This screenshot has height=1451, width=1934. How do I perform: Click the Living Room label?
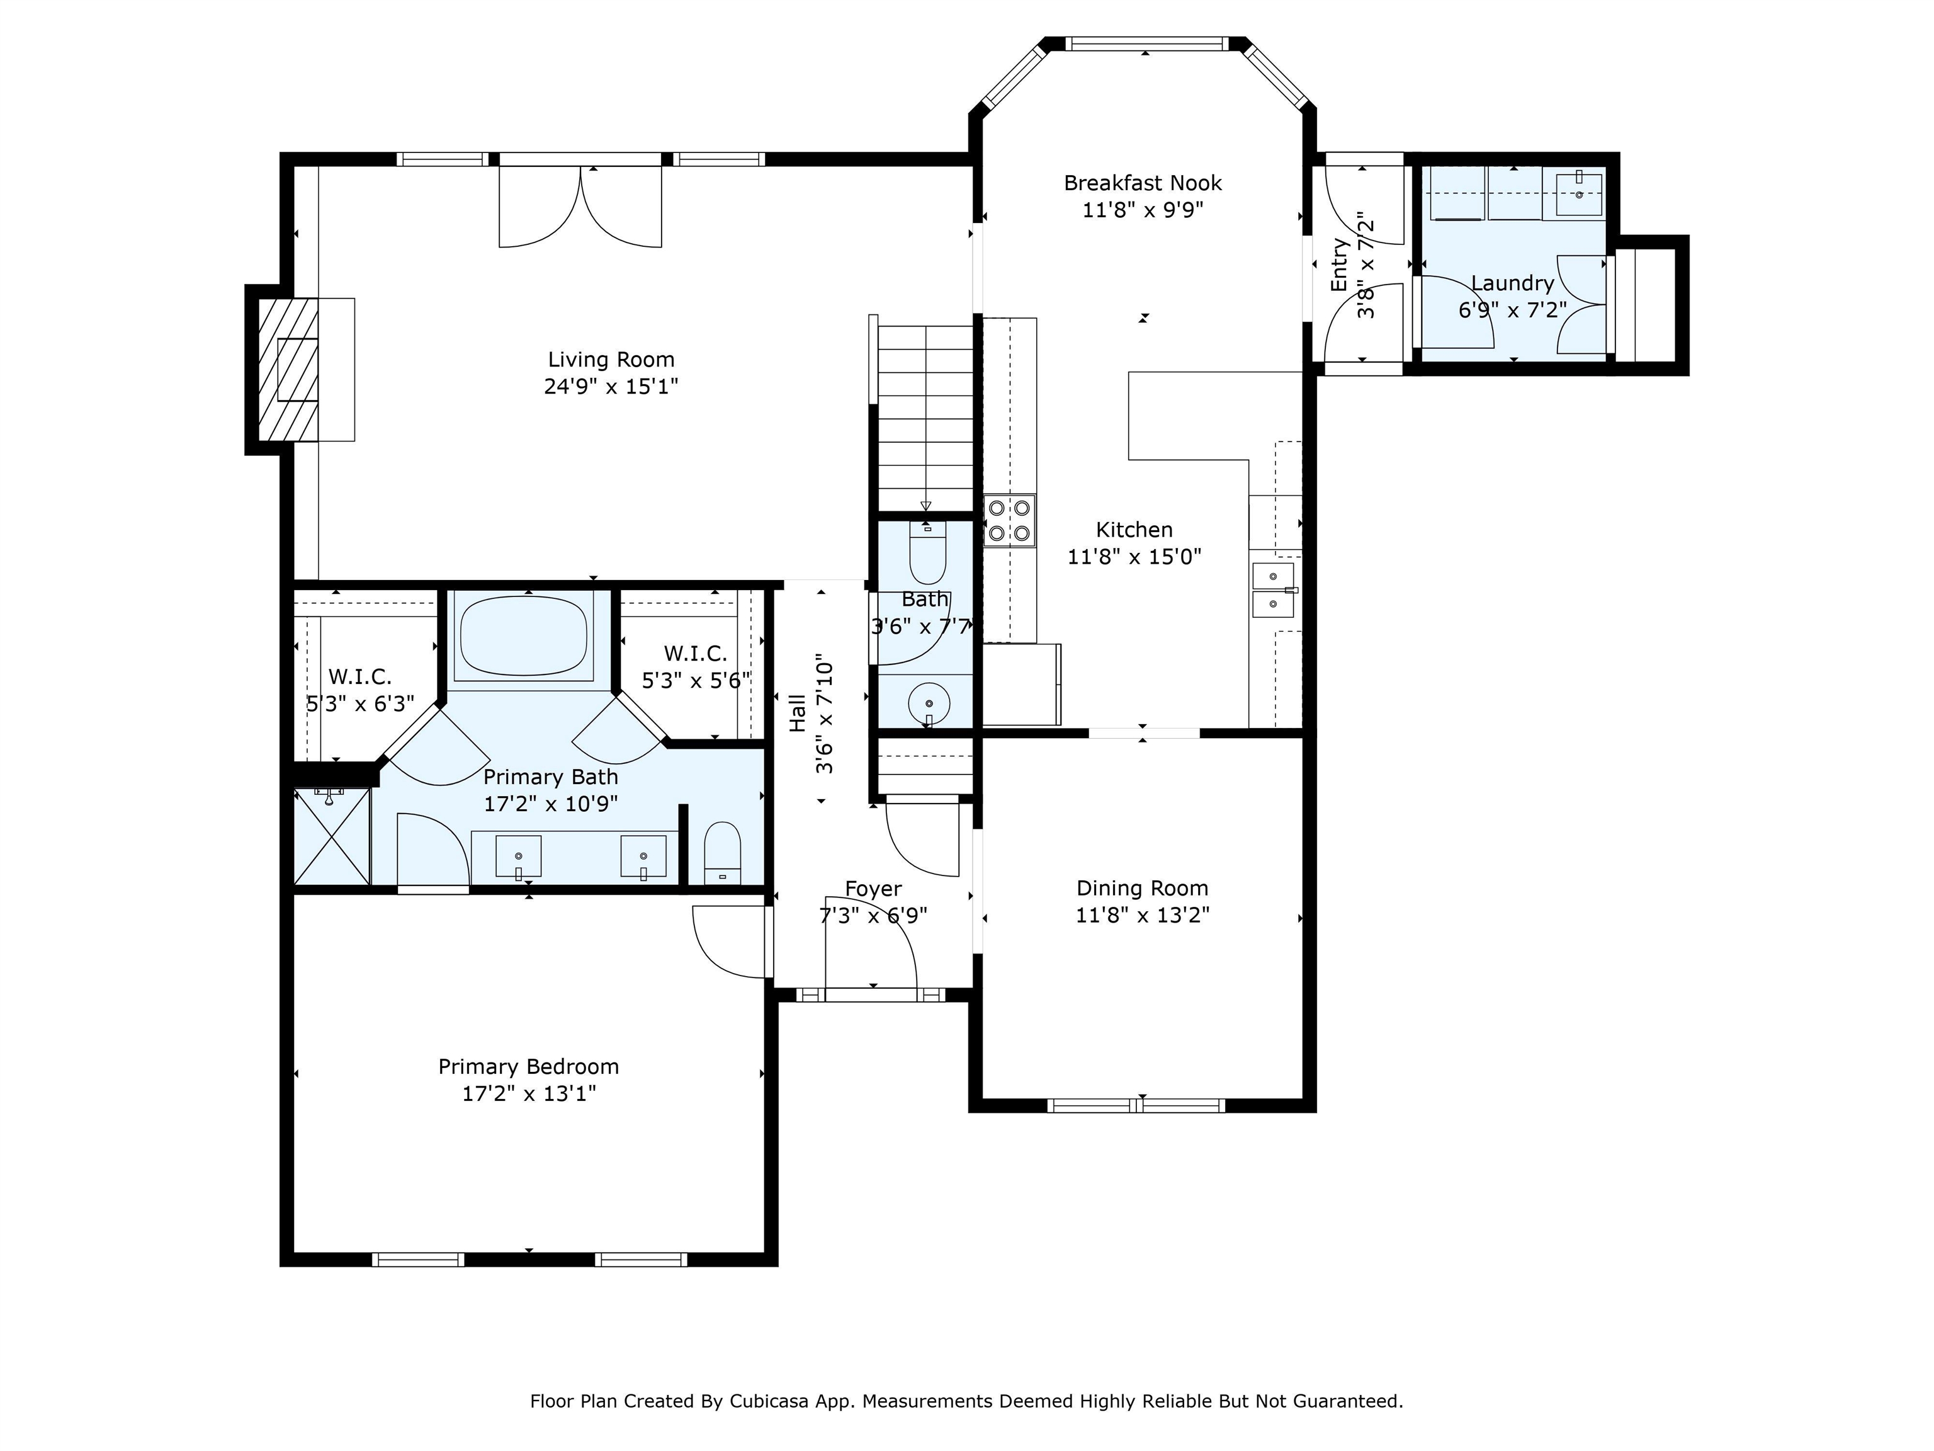click(611, 360)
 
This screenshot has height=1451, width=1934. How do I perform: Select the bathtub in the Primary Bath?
click(524, 636)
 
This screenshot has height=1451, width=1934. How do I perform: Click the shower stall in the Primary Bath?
click(331, 836)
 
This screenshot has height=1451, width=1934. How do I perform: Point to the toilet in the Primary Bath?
click(722, 853)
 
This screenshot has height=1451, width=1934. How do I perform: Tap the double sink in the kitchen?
click(1273, 590)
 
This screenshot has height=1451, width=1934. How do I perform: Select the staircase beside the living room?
click(924, 418)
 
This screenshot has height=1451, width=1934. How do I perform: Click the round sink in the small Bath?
click(928, 703)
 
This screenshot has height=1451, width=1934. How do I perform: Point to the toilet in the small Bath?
click(928, 552)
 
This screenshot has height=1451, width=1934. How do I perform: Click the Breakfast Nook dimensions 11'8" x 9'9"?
click(1143, 210)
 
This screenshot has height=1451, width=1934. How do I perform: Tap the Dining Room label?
click(1143, 888)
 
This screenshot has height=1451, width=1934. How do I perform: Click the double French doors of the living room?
click(580, 207)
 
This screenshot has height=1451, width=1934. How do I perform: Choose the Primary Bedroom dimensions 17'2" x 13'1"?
click(529, 1093)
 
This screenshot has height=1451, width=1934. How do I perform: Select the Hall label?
click(798, 713)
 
